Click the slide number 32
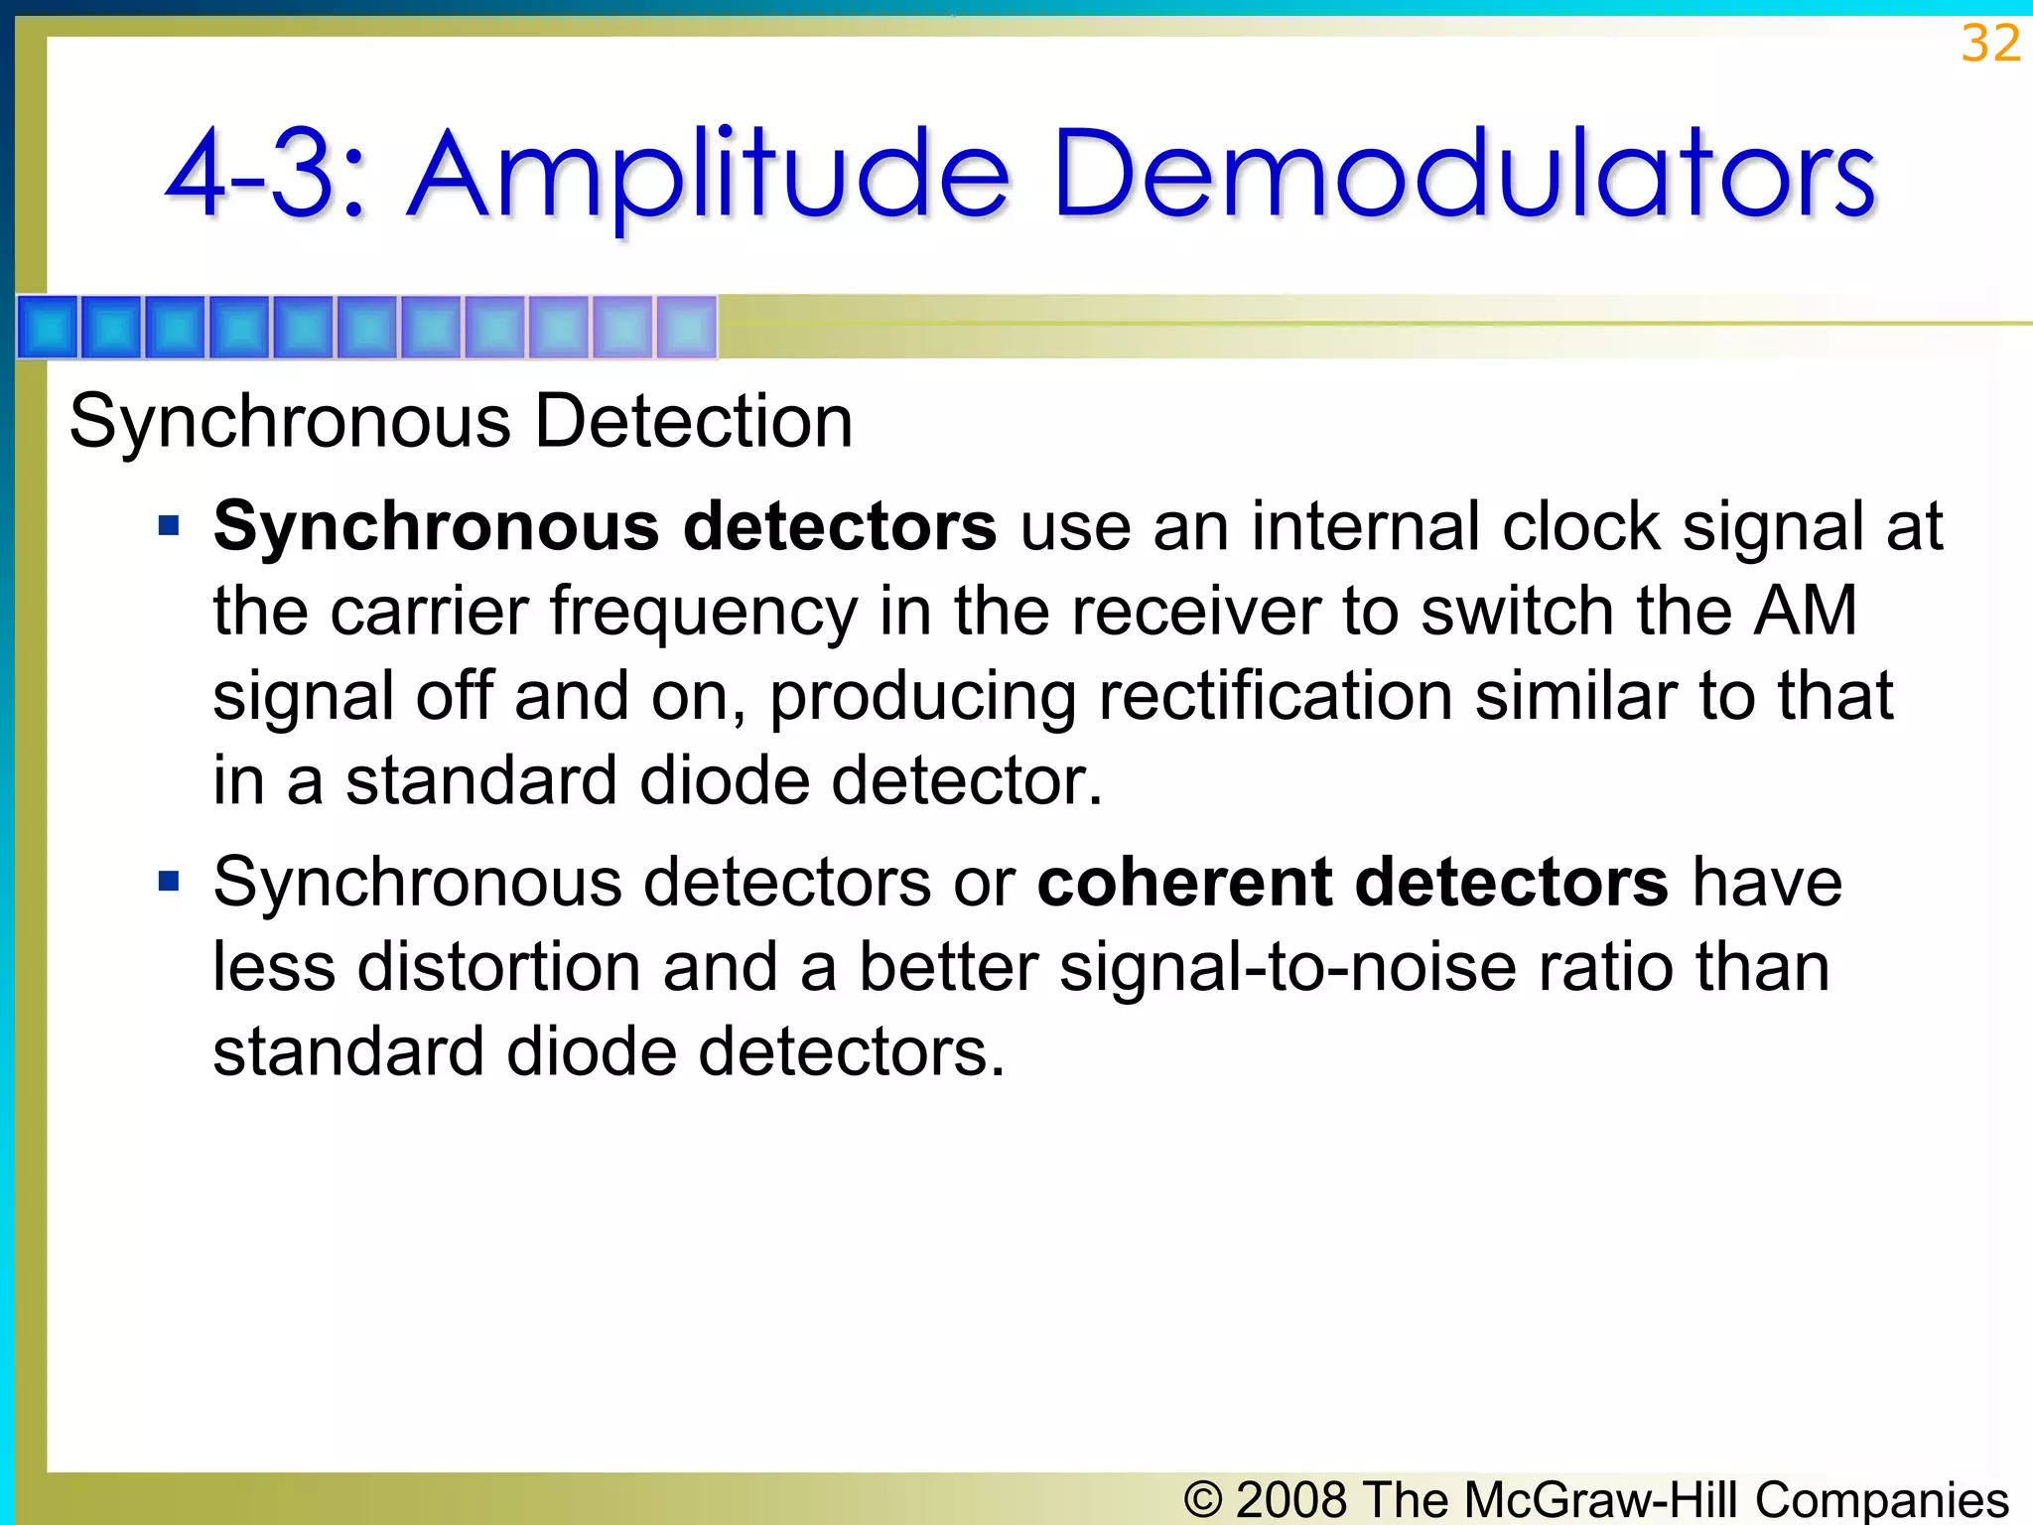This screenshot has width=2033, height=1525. click(1990, 44)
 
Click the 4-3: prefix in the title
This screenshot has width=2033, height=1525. click(266, 176)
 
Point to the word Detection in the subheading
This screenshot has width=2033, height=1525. click(693, 421)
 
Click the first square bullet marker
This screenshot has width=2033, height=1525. click(169, 525)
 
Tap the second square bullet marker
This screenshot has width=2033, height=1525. click(169, 881)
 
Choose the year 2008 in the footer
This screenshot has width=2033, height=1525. click(1292, 1499)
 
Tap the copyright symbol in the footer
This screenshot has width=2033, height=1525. click(1202, 1500)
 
